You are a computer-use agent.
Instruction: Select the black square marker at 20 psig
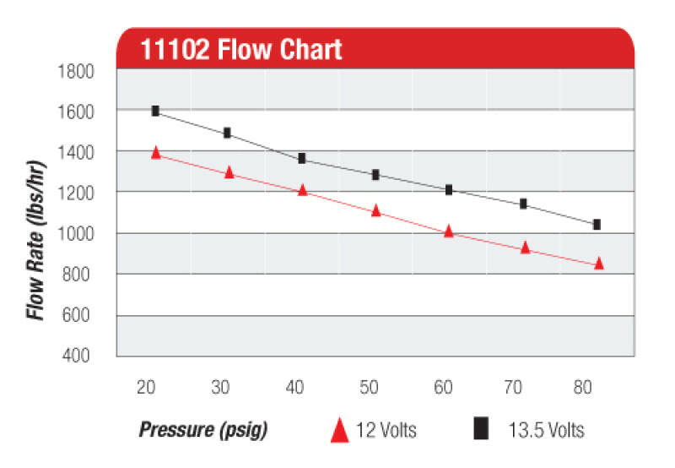pos(155,111)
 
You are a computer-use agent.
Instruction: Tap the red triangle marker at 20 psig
pos(155,152)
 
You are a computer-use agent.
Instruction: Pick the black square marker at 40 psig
pos(302,158)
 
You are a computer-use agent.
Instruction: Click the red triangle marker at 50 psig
pos(376,210)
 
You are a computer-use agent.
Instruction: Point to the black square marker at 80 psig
pos(597,224)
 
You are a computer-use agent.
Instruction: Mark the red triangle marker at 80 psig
pos(599,263)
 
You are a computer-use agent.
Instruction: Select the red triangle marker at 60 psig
pos(449,231)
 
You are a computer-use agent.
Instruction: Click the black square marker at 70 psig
pos(523,204)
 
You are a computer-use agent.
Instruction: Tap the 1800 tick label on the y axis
pos(75,71)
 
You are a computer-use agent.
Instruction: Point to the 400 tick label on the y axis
pos(79,356)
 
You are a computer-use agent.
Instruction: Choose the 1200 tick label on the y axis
pos(75,193)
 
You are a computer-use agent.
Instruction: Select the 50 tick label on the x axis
pos(370,388)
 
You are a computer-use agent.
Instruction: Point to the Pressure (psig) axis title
pos(202,430)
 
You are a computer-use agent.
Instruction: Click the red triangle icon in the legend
pos(339,430)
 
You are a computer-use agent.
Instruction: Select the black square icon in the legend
pos(481,430)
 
